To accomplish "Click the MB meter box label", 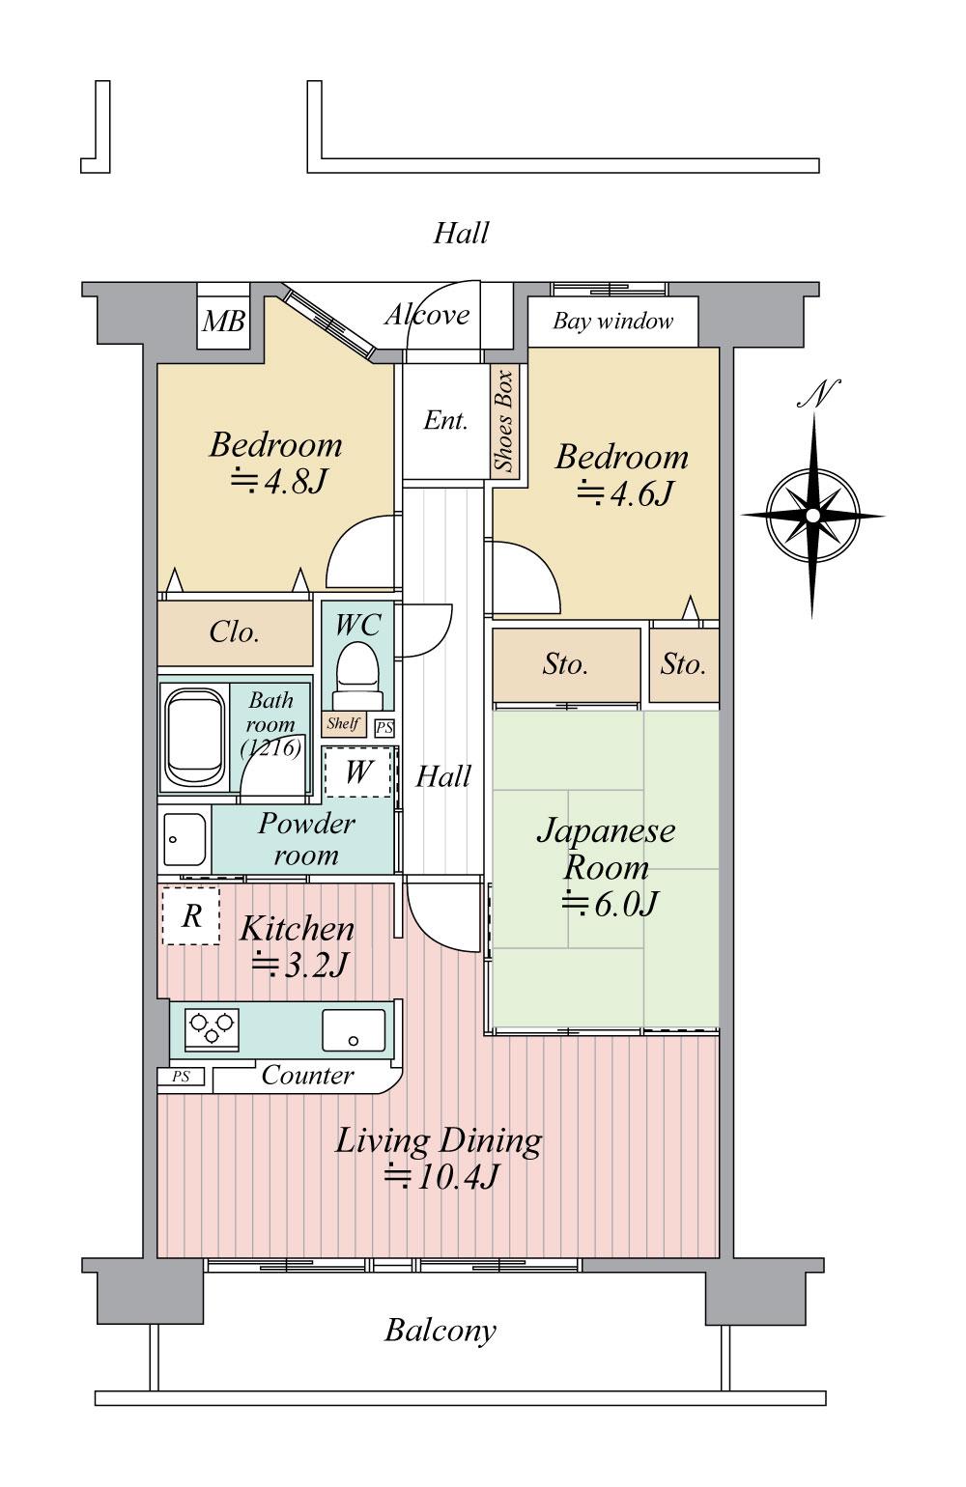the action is pyautogui.click(x=224, y=322).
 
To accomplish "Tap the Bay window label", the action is pyautogui.click(x=612, y=322).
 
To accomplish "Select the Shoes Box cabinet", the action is pyautogui.click(x=505, y=421).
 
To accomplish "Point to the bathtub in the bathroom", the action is pyautogui.click(x=194, y=737).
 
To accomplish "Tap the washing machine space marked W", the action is pyautogui.click(x=358, y=772).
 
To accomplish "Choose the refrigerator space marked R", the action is pyautogui.click(x=191, y=916).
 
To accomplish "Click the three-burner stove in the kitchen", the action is pyautogui.click(x=212, y=1030).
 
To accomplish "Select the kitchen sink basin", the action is pyautogui.click(x=354, y=1030).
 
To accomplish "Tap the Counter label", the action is pyautogui.click(x=307, y=1076).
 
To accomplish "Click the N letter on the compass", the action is pyautogui.click(x=820, y=394).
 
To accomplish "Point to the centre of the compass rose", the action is pyautogui.click(x=812, y=516).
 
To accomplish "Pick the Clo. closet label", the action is pyautogui.click(x=234, y=631).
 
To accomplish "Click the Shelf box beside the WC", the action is pyautogui.click(x=344, y=723).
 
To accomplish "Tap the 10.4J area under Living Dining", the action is pyautogui.click(x=441, y=1177).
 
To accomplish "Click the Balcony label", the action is pyautogui.click(x=440, y=1331).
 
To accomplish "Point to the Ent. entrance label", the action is pyautogui.click(x=445, y=420).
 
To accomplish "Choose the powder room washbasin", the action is pyautogui.click(x=185, y=840).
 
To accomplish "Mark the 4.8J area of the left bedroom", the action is pyautogui.click(x=279, y=481).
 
